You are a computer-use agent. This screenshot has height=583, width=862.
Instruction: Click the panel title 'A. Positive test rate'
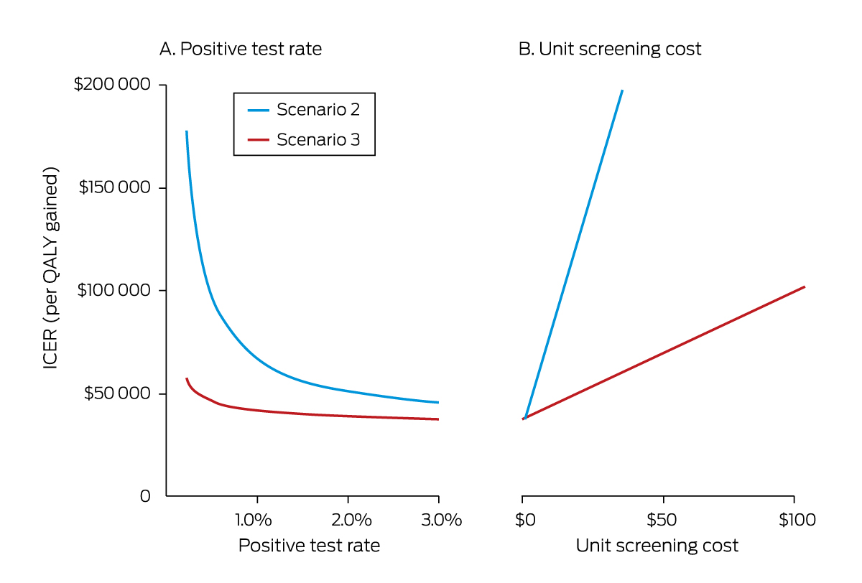click(x=240, y=50)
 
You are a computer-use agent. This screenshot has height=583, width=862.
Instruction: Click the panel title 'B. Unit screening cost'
click(x=610, y=50)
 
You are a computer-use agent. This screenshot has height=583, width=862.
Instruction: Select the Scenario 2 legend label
click(x=318, y=110)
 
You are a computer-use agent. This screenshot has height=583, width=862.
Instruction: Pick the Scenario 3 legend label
click(x=318, y=140)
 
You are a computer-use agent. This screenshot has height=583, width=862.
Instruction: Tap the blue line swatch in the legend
click(x=258, y=110)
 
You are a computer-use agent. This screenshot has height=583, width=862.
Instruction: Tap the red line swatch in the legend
click(x=258, y=140)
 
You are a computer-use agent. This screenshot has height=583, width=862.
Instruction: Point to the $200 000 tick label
click(x=113, y=85)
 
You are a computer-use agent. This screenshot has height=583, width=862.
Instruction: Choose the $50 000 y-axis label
click(x=117, y=393)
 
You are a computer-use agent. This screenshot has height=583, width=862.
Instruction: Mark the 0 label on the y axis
click(x=144, y=496)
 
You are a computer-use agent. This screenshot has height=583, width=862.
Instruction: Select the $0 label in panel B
click(x=525, y=520)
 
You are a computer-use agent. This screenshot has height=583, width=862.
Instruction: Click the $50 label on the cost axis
click(x=662, y=520)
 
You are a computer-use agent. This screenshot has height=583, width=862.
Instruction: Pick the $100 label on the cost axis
click(x=797, y=520)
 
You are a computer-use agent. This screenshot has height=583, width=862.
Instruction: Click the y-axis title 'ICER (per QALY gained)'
click(x=51, y=269)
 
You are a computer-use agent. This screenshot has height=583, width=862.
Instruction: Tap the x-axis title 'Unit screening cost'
click(x=657, y=546)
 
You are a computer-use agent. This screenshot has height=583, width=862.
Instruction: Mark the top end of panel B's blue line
click(x=622, y=91)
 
